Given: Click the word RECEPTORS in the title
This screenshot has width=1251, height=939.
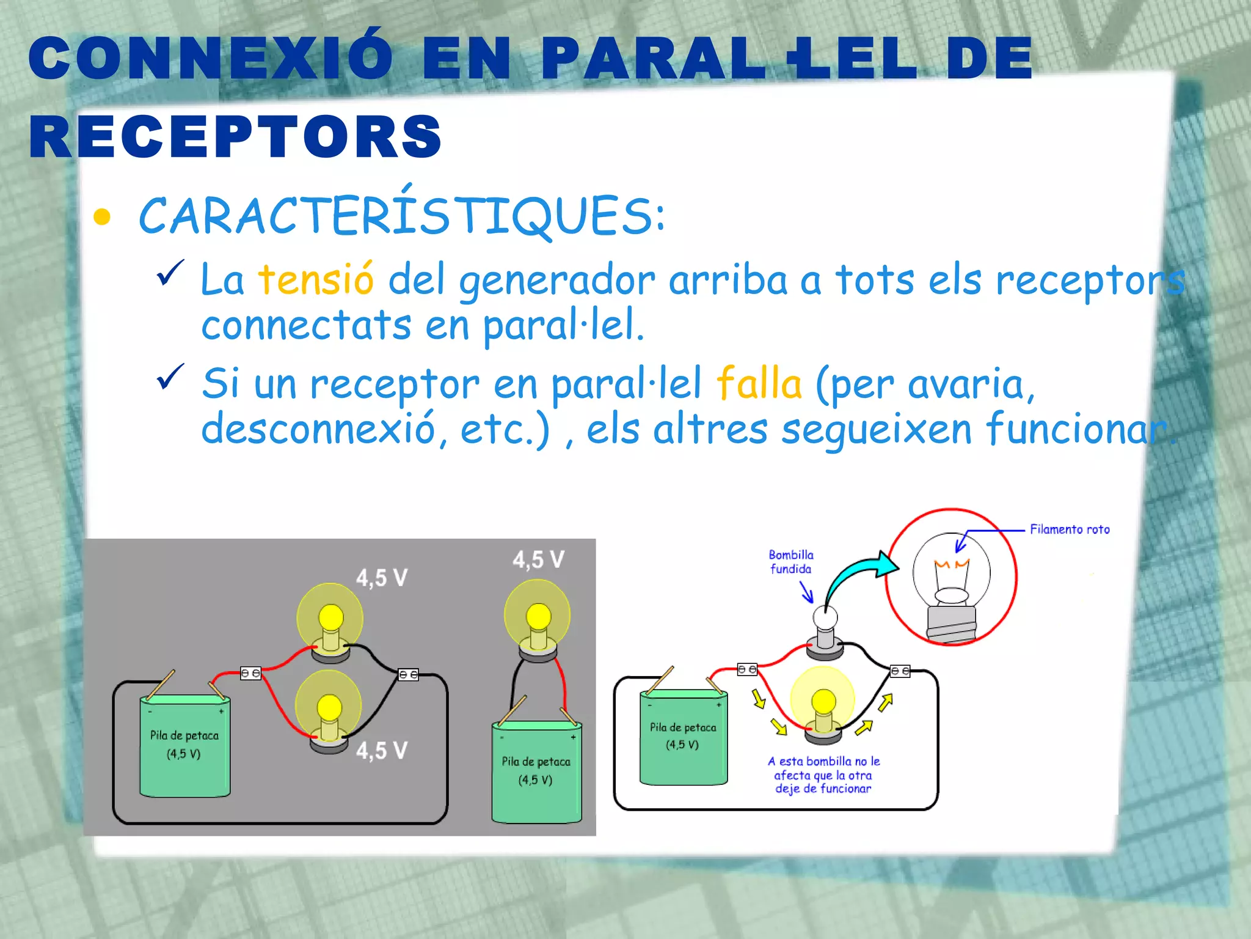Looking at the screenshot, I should (235, 136).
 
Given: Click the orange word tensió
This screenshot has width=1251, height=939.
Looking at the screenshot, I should (315, 279).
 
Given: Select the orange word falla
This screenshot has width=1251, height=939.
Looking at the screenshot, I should (759, 384).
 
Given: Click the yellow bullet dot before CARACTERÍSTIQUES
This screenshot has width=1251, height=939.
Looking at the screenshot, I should (102, 217).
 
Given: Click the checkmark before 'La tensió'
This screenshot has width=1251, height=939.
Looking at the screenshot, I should (170, 273).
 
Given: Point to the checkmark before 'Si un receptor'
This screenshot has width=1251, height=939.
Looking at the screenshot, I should (170, 377).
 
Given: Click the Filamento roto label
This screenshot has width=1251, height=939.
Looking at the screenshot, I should (1070, 529).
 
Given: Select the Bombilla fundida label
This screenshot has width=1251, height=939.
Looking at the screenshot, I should (791, 562).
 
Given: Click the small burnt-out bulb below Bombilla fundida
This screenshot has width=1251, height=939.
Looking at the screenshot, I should (825, 630).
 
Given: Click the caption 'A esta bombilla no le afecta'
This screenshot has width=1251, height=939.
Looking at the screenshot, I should (823, 775).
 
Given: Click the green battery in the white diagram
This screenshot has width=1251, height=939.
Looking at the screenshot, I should (683, 737).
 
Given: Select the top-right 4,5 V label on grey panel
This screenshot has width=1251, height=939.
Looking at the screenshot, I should (538, 559).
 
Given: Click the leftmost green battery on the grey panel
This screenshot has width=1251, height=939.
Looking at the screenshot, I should (184, 745).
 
